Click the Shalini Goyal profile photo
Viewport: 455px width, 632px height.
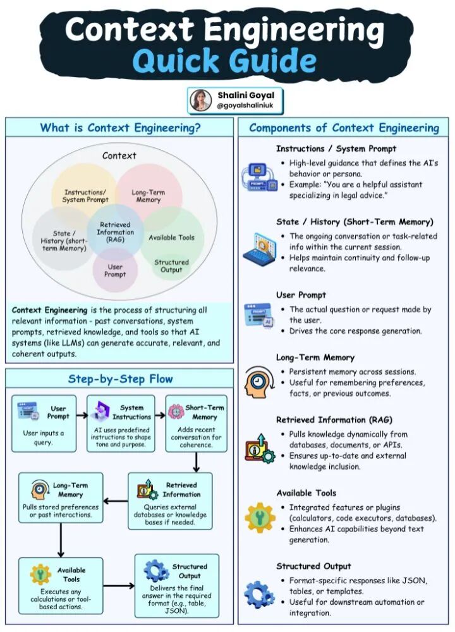click(x=201, y=100)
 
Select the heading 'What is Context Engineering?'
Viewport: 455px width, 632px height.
click(x=120, y=128)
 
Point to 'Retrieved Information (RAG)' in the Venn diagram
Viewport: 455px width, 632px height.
click(x=115, y=232)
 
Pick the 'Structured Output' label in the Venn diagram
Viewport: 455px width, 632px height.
click(x=171, y=265)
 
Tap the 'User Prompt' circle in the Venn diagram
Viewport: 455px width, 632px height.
click(x=115, y=270)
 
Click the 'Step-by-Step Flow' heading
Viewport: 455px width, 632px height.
click(x=120, y=379)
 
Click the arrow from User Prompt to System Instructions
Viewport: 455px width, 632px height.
click(x=82, y=416)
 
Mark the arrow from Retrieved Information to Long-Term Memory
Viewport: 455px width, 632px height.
click(x=115, y=501)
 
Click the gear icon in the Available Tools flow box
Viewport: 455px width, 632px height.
click(x=40, y=574)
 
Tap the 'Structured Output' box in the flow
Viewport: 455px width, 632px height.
click(x=176, y=585)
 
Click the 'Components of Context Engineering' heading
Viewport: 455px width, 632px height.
click(x=343, y=128)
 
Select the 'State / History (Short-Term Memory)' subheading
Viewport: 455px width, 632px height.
click(x=354, y=222)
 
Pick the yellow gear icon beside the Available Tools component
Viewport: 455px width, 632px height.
click(x=260, y=518)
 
